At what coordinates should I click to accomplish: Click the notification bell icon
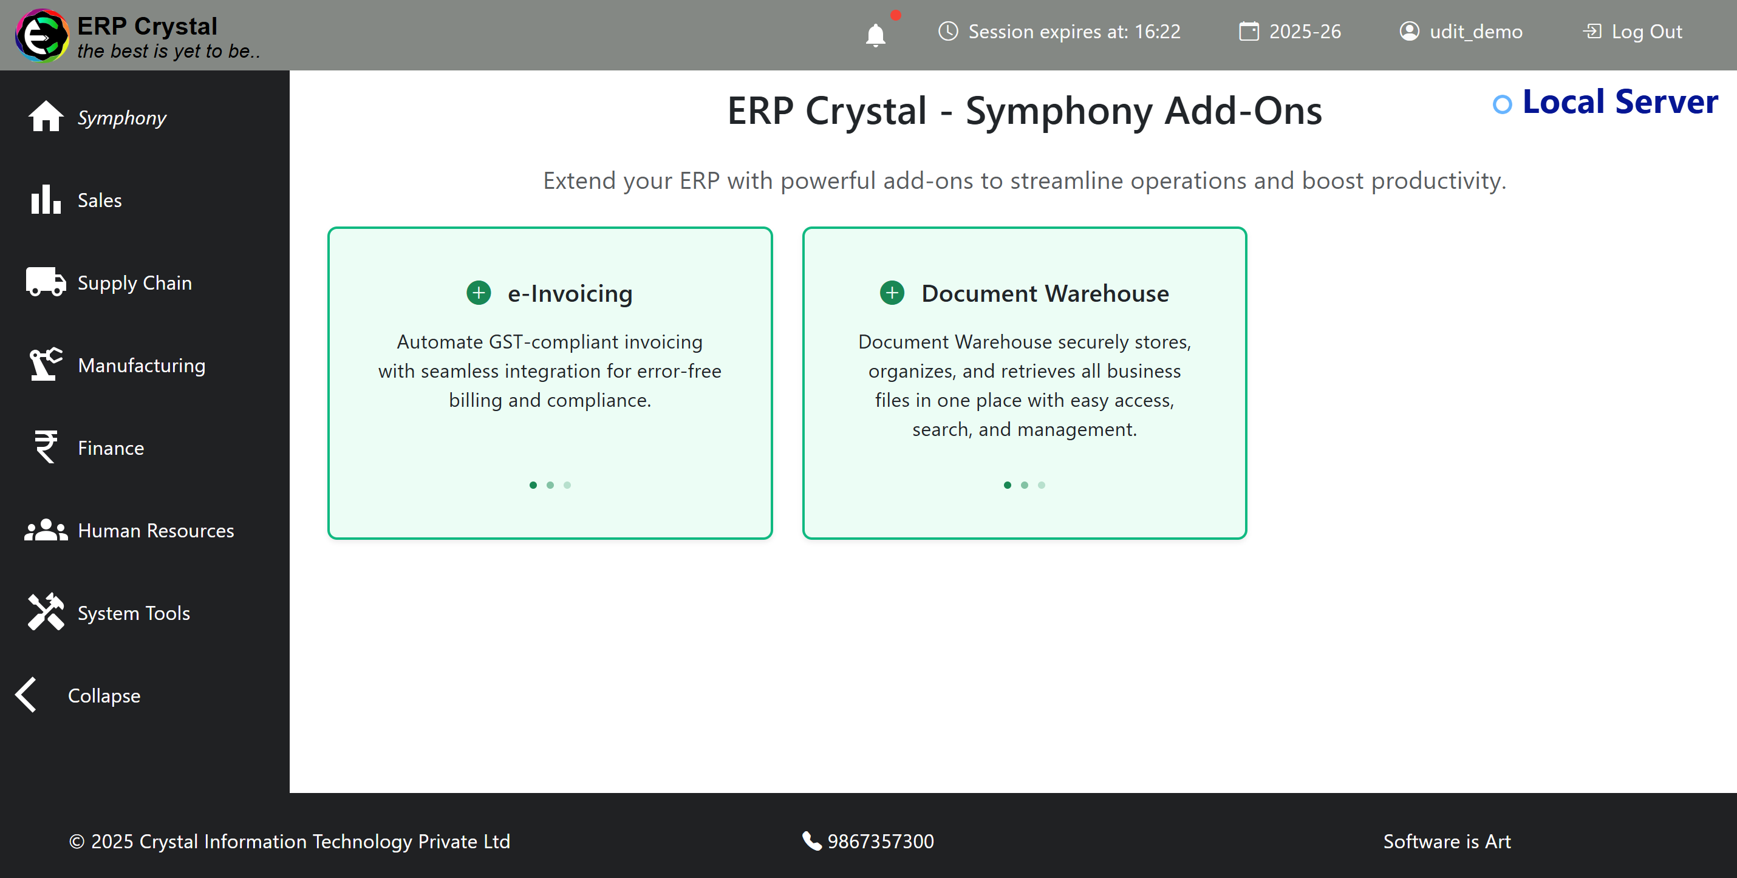(875, 35)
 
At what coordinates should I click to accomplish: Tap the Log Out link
(1633, 32)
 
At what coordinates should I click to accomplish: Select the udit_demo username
(1475, 32)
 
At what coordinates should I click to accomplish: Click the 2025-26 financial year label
(1305, 32)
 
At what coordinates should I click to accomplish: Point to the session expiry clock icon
(948, 31)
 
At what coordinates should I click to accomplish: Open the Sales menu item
(99, 200)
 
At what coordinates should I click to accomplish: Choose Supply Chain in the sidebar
(134, 282)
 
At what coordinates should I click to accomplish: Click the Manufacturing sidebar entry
(142, 365)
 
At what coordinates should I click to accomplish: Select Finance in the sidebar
(111, 448)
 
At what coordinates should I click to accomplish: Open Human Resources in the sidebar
(155, 531)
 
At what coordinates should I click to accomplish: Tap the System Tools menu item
(134, 613)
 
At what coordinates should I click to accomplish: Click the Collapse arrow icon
(26, 695)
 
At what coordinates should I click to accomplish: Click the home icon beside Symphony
(46, 116)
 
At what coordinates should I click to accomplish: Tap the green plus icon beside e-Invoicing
(479, 293)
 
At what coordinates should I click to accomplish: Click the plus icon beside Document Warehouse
(892, 293)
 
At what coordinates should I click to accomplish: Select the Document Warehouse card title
(1045, 293)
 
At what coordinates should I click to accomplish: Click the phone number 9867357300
(881, 841)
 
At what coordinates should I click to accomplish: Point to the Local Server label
(1620, 102)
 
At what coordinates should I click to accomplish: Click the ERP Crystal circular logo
(42, 35)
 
